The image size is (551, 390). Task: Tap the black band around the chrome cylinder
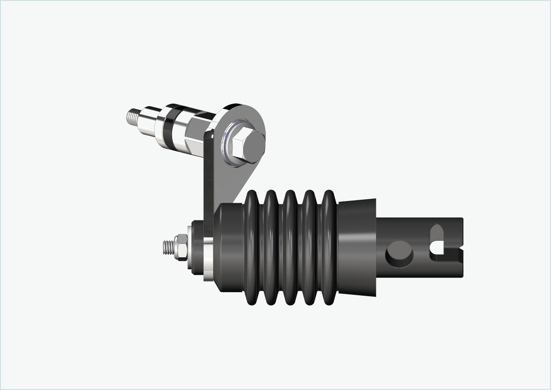pos(171,126)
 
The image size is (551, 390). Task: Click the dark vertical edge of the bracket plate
pos(208,177)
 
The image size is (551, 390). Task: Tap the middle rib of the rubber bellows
pos(290,248)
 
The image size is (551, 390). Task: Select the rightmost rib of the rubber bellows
pos(328,248)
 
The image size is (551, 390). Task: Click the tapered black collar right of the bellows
pos(357,248)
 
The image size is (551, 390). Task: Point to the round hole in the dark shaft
pos(400,254)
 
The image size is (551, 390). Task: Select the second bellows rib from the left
pos(271,248)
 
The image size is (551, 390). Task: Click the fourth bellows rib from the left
pos(309,248)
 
